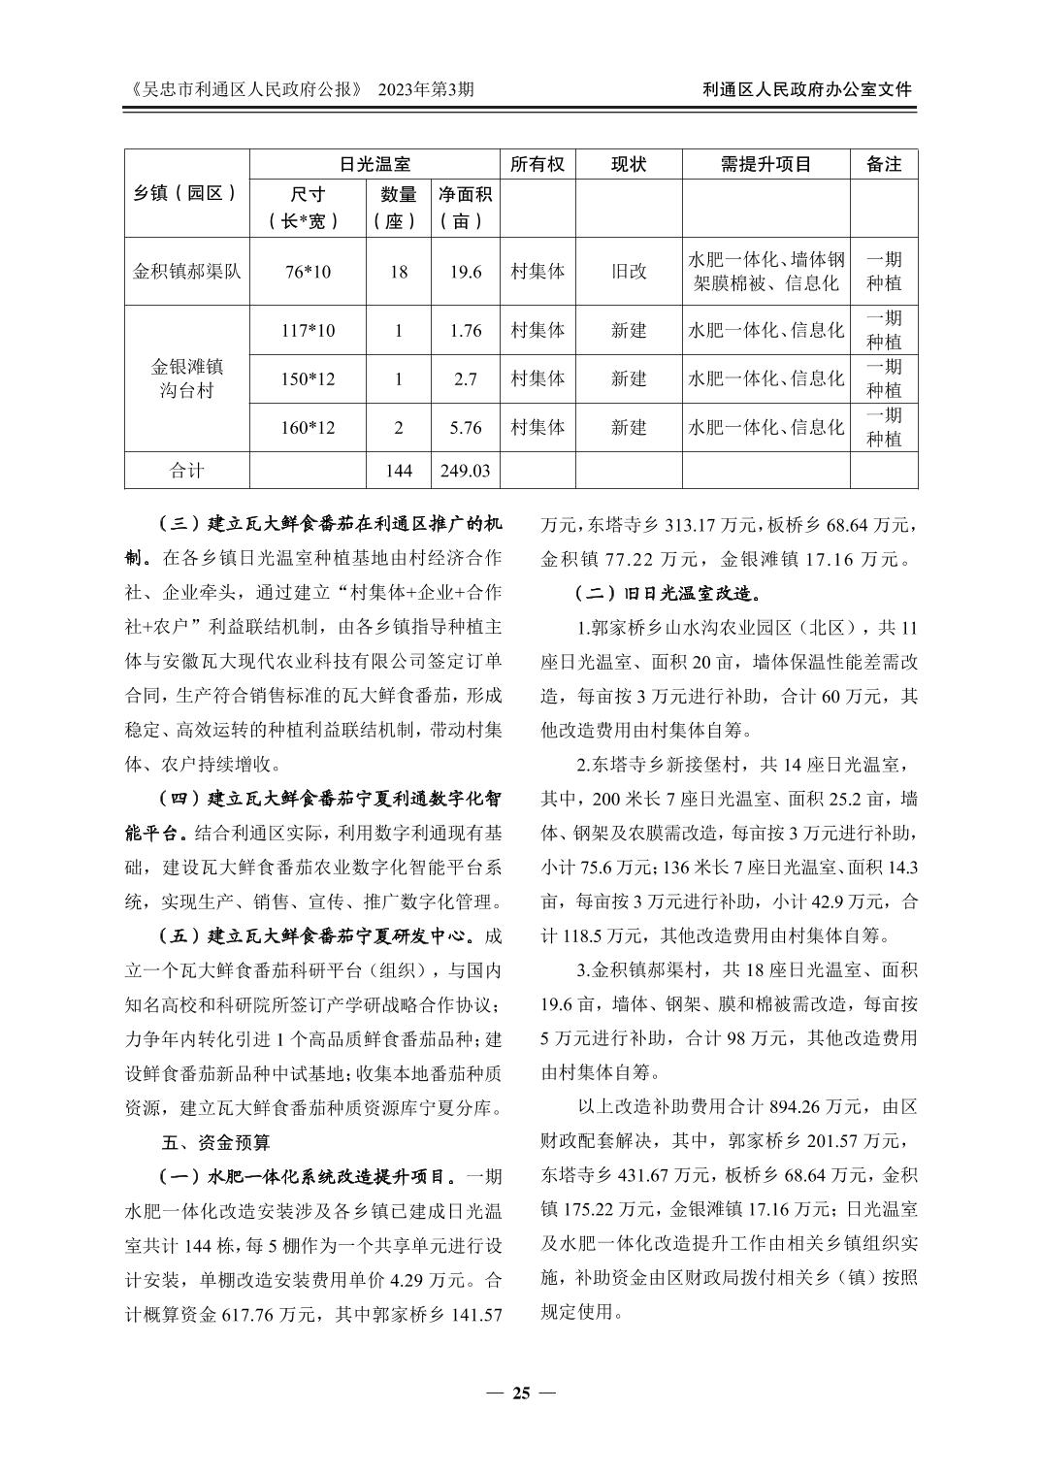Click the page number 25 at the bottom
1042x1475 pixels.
pyautogui.click(x=521, y=1393)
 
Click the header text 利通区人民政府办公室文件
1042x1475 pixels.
pyautogui.click(x=807, y=89)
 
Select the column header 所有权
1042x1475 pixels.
pyautogui.click(x=537, y=164)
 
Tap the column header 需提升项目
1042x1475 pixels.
pyautogui.click(x=765, y=164)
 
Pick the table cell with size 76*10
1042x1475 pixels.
pyautogui.click(x=308, y=272)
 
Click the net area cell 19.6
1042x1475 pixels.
pyautogui.click(x=466, y=272)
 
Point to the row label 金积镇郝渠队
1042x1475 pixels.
pyautogui.click(x=186, y=272)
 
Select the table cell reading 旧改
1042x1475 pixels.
pyautogui.click(x=628, y=272)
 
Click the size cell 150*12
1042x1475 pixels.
pyautogui.click(x=308, y=378)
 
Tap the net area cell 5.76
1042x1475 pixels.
pyautogui.click(x=466, y=427)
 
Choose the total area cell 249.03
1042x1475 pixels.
pyautogui.click(x=466, y=471)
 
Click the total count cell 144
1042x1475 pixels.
pyautogui.click(x=398, y=471)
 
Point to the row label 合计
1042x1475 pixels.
pyautogui.click(x=186, y=471)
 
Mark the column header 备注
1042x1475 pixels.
pyautogui.click(x=884, y=164)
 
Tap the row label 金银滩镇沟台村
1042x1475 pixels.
pyautogui.click(x=186, y=378)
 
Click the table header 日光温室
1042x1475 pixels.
pyautogui.click(x=375, y=164)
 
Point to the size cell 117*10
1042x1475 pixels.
pyautogui.click(x=308, y=331)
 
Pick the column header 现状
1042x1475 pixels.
pyautogui.click(x=628, y=164)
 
